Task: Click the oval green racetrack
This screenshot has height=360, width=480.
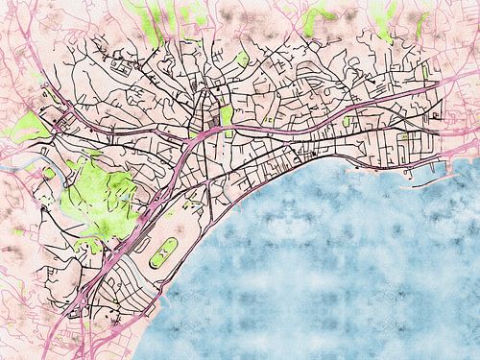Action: tap(162, 252)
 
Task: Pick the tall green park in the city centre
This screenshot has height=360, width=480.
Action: tap(227, 116)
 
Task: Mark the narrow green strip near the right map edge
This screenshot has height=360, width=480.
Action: tap(425, 71)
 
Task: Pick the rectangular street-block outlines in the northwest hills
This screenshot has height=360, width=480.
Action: tap(121, 66)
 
